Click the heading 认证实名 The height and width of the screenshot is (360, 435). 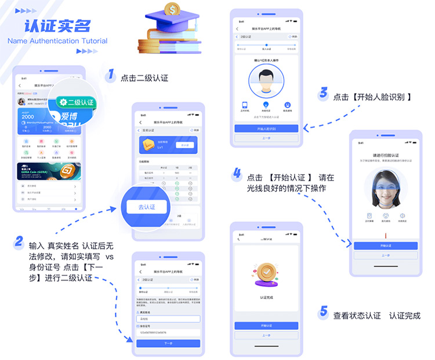point(57,27)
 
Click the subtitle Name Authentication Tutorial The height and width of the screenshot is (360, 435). point(57,41)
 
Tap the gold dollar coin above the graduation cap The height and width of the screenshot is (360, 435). point(172,9)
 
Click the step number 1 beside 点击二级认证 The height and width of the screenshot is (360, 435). point(110,75)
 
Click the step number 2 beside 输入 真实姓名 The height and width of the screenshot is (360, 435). point(19,242)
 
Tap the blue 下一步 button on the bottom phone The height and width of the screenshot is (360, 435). point(168,343)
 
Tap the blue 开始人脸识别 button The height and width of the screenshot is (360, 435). point(266,128)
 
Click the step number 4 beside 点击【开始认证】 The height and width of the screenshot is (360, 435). point(237,172)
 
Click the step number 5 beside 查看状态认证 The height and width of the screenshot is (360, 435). point(324,312)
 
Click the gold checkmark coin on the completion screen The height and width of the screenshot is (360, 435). point(266,273)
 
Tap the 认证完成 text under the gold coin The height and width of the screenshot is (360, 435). point(266,297)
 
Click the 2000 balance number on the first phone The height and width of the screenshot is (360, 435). point(28,116)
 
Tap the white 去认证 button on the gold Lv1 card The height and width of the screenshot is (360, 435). point(184,145)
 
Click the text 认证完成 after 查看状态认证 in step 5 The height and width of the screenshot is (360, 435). point(405,316)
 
